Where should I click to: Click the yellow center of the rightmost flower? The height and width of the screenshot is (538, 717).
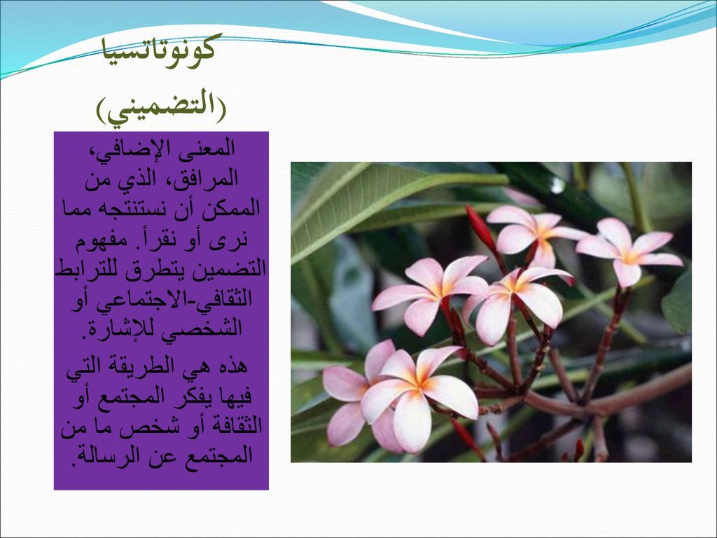point(630,256)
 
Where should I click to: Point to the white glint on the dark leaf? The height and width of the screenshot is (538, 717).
point(557,185)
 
